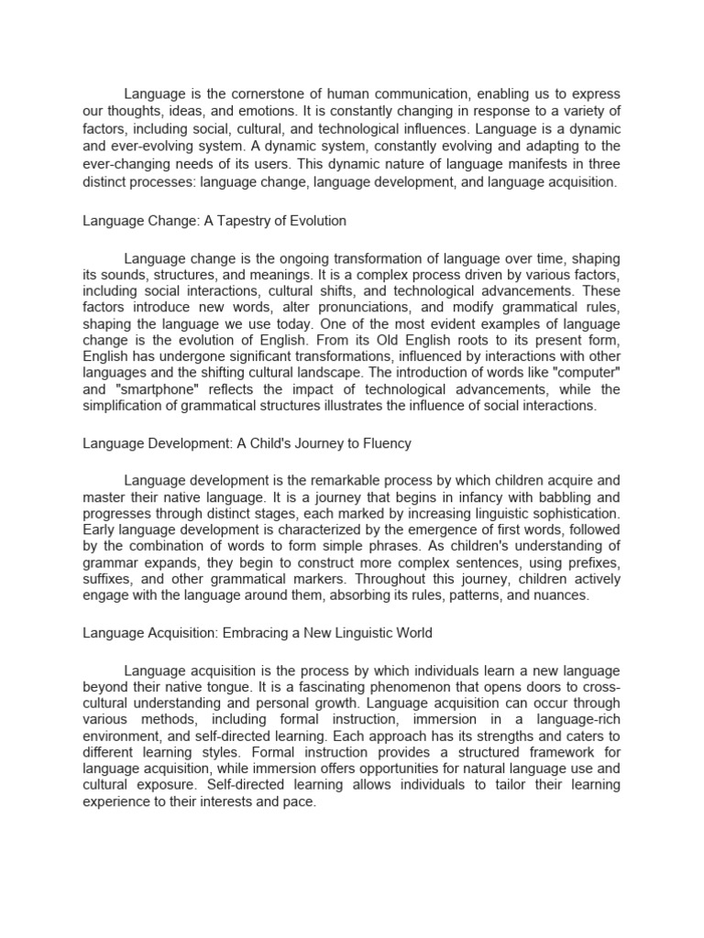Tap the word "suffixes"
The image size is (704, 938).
(109, 579)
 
